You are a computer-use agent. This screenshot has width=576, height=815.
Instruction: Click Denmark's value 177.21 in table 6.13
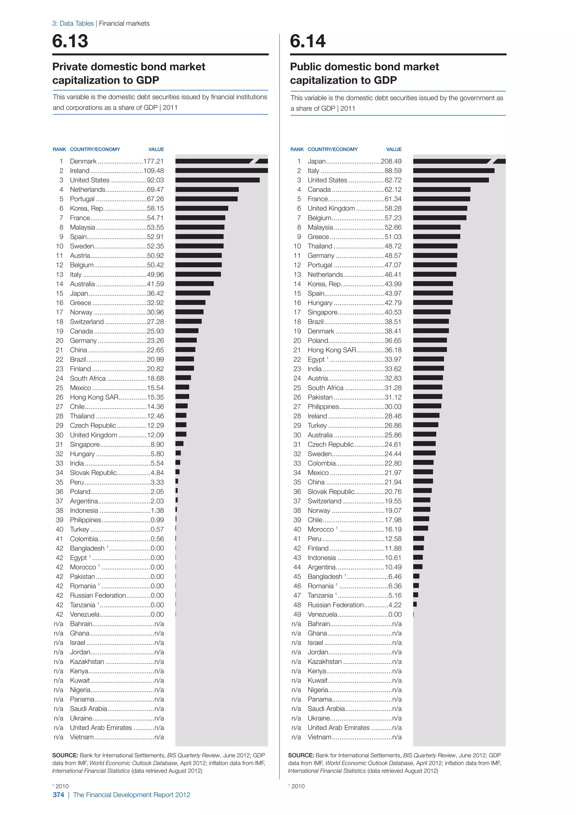click(x=153, y=161)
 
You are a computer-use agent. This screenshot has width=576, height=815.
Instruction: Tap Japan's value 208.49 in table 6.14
click(x=391, y=161)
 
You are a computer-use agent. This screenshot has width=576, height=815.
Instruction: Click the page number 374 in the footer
click(x=58, y=795)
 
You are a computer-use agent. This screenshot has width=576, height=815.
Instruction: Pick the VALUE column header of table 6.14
click(x=394, y=149)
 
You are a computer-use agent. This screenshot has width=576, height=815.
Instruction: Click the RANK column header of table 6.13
click(x=59, y=149)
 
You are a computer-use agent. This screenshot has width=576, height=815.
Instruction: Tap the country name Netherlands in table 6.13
click(x=87, y=190)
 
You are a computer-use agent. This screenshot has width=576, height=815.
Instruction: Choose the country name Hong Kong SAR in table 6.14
click(x=332, y=350)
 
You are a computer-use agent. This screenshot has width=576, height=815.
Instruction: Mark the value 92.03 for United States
click(x=155, y=180)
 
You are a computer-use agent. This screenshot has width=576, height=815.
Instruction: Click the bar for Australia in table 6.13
click(x=194, y=284)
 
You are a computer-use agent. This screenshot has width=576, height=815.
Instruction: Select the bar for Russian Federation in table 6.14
click(x=415, y=604)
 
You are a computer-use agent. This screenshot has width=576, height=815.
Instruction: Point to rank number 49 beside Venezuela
click(x=297, y=614)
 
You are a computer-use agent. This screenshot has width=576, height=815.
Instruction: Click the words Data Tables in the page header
click(x=76, y=23)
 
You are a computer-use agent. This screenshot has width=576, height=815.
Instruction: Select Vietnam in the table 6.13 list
click(x=82, y=737)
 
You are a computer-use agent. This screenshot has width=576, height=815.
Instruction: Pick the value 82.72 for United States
click(x=393, y=180)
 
